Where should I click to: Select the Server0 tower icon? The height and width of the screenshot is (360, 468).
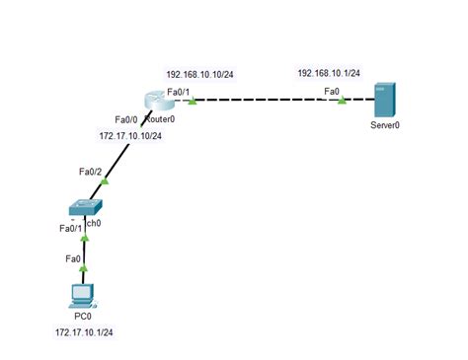[x=384, y=102]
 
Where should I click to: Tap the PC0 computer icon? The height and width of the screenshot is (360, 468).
[x=83, y=295]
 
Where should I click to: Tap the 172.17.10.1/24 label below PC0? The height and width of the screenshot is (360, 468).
[x=85, y=333]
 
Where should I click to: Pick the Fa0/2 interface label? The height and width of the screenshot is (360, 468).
[x=92, y=172]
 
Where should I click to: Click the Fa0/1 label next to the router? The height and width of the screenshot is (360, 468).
[x=179, y=92]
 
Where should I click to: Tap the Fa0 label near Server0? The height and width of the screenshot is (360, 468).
[x=332, y=92]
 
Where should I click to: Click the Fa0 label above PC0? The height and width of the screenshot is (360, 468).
[x=72, y=258]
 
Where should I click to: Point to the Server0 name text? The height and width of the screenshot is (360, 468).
[x=384, y=126]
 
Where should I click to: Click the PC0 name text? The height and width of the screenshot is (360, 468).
[x=83, y=317]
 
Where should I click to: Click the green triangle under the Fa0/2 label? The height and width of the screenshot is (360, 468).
[x=105, y=181]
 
